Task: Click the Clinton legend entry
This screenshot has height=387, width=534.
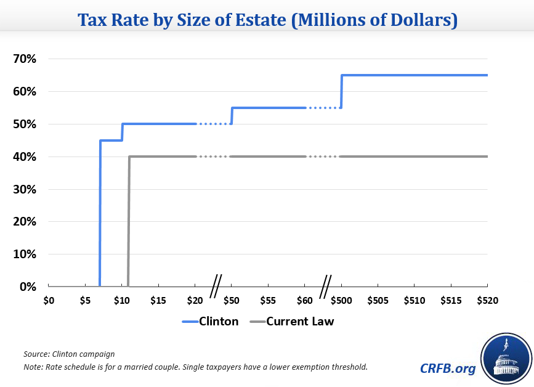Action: [210, 321]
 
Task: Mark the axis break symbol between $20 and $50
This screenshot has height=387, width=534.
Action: [216, 287]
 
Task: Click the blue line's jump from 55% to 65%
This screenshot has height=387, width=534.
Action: [341, 91]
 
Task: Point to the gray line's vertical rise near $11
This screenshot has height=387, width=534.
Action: [129, 222]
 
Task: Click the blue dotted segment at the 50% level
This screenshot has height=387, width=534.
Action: [214, 124]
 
